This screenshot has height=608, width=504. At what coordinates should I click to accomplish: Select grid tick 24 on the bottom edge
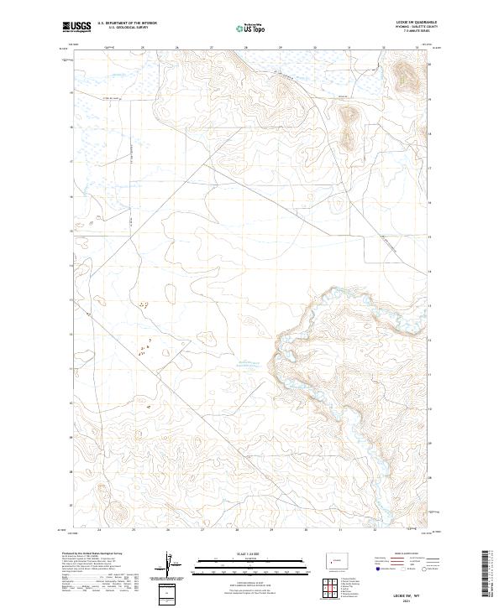point(100,530)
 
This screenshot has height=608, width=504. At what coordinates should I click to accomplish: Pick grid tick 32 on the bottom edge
point(375,530)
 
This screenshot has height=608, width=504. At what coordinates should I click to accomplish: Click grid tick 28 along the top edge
point(245,48)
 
